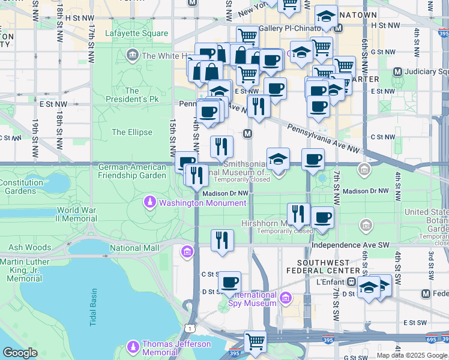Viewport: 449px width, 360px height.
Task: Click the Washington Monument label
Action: point(202,203)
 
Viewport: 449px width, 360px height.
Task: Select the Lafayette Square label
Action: point(136,33)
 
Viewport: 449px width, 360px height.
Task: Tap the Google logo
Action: point(20,353)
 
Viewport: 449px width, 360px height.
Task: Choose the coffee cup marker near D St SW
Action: point(229,282)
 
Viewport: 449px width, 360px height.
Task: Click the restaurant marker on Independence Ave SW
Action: point(222,240)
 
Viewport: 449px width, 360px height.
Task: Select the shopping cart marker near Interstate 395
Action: point(255,341)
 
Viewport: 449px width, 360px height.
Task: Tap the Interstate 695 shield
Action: point(432,340)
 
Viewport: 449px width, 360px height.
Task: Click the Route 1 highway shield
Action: point(190,328)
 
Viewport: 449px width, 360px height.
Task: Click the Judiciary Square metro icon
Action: point(397,72)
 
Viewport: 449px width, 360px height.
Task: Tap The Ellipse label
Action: point(132,132)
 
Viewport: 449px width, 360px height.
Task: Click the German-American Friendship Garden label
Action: point(132,171)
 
